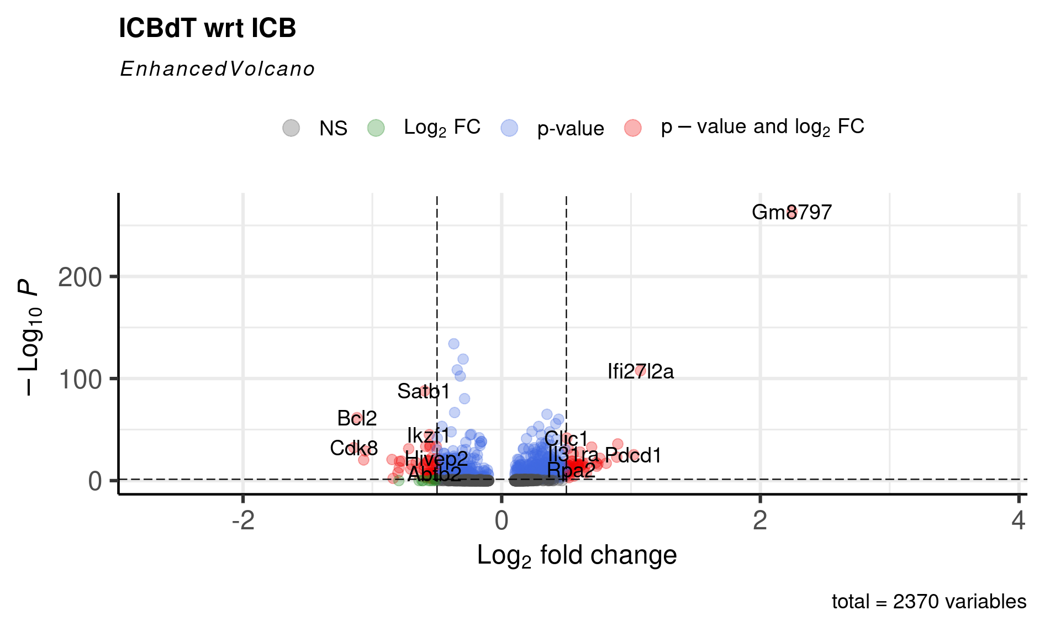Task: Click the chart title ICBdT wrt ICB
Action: pyautogui.click(x=207, y=28)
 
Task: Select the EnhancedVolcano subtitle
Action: pyautogui.click(x=217, y=69)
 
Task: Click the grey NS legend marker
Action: pyautogui.click(x=291, y=128)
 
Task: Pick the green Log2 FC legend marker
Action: pyautogui.click(x=376, y=128)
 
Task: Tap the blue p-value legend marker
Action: pyautogui.click(x=509, y=128)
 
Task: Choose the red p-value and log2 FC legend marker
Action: pyautogui.click(x=633, y=128)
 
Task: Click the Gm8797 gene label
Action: pyautogui.click(x=791, y=212)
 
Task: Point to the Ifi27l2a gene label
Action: pyautogui.click(x=640, y=371)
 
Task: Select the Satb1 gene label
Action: pyautogui.click(x=424, y=391)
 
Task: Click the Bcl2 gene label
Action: pyautogui.click(x=357, y=418)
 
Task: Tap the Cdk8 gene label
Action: pyautogui.click(x=353, y=448)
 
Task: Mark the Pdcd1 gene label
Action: pyautogui.click(x=633, y=455)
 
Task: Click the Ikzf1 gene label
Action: pyautogui.click(x=428, y=435)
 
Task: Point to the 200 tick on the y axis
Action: pyautogui.click(x=80, y=277)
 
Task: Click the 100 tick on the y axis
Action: pyautogui.click(x=80, y=380)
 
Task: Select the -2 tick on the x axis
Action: pyautogui.click(x=243, y=521)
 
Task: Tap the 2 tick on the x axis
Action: pyautogui.click(x=760, y=521)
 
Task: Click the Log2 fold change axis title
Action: pyautogui.click(x=577, y=555)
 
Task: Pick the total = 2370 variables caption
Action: pyautogui.click(x=928, y=602)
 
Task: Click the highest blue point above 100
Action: pyautogui.click(x=453, y=344)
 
